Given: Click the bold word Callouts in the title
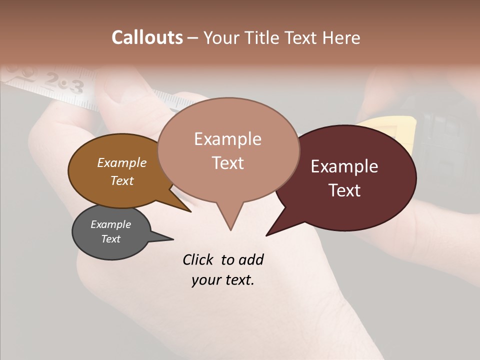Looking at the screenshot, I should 147,37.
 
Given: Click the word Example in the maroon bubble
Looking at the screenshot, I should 344,166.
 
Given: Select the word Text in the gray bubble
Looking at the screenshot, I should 111,239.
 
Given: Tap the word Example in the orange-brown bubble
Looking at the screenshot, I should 122,163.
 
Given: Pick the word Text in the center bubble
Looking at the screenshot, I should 228,163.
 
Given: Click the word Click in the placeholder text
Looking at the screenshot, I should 198,259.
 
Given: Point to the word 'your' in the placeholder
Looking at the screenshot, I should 205,280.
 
